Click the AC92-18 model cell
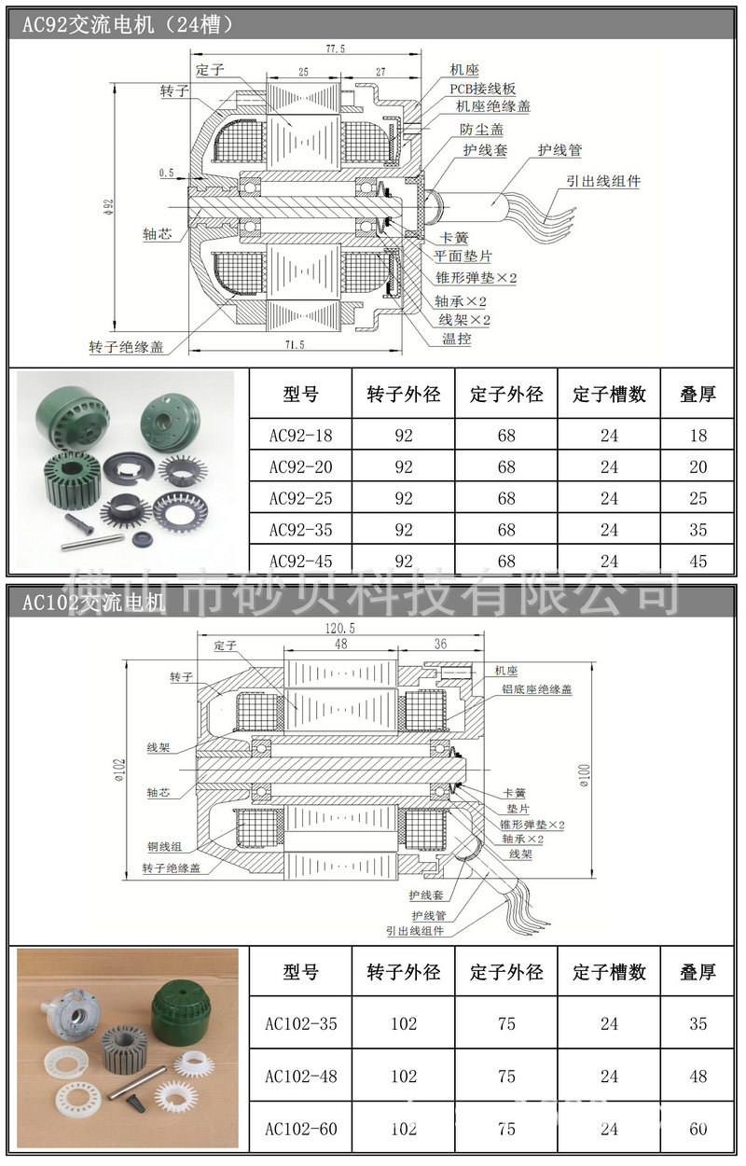pyautogui.click(x=300, y=435)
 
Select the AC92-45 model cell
pyautogui.click(x=300, y=561)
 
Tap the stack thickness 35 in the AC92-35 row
pyautogui.click(x=698, y=530)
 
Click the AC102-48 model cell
pyautogui.click(x=300, y=1076)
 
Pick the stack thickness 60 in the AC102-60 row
pyautogui.click(x=698, y=1129)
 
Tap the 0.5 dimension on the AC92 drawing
pyautogui.click(x=166, y=173)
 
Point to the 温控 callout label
pyautogui.click(x=457, y=339)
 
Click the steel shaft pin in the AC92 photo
pyautogui.click(x=91, y=539)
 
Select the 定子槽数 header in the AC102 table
pyautogui.click(x=609, y=972)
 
